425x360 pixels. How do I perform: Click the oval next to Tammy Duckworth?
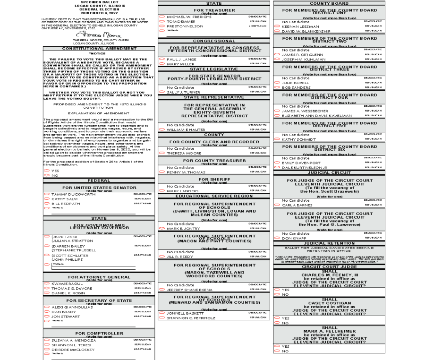(x=47, y=194)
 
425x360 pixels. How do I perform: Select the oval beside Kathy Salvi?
(x=47, y=199)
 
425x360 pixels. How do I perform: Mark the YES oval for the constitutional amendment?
(x=47, y=171)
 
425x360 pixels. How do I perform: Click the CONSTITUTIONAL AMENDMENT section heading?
(x=99, y=48)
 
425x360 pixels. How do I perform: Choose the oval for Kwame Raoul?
(x=47, y=283)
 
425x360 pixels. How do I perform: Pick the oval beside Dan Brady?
(x=47, y=312)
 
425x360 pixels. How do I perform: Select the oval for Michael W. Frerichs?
(x=162, y=17)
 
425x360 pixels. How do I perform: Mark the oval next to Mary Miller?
(x=162, y=64)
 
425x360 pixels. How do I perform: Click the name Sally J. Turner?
(x=180, y=92)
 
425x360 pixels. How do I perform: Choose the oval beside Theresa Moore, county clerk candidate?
(x=162, y=153)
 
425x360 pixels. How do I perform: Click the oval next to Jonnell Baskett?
(x=162, y=313)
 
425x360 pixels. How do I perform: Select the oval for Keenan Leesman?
(x=277, y=26)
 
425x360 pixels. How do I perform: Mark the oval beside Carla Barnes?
(x=277, y=205)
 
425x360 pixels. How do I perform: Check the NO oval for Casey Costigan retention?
(x=277, y=323)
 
